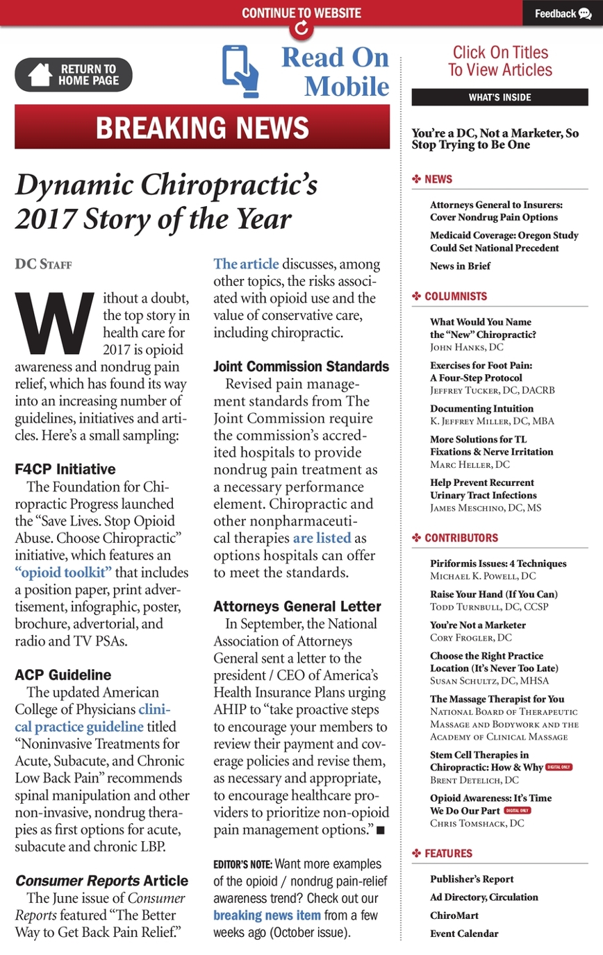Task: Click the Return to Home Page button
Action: [x=74, y=74]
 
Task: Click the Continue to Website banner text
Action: [x=301, y=13]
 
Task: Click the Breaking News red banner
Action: [x=202, y=127]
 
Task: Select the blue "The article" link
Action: [x=246, y=264]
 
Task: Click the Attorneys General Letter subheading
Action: [x=297, y=607]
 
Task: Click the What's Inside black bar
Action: [x=499, y=97]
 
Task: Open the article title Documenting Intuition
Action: [x=482, y=408]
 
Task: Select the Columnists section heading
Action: [x=456, y=296]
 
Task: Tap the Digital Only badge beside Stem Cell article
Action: [x=559, y=767]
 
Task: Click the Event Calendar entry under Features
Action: [x=464, y=933]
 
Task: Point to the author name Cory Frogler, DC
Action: [x=471, y=637]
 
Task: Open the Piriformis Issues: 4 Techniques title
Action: [x=498, y=564]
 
